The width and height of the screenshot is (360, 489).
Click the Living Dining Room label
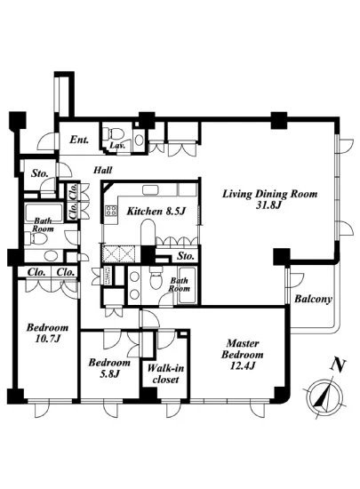(269, 199)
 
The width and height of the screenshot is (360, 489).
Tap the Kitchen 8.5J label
(156, 212)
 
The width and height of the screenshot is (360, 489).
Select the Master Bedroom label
(242, 354)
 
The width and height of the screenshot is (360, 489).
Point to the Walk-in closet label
(165, 373)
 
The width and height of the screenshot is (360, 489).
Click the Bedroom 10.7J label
(47, 333)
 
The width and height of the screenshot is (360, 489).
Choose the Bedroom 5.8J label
(109, 368)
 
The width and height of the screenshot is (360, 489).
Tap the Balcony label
(313, 299)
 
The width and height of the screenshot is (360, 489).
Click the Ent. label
(79, 140)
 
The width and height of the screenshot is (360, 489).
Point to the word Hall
(103, 170)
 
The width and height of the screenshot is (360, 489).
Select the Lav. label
(117, 145)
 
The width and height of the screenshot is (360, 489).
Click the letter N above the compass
(339, 365)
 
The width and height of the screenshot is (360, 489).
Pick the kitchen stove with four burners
(111, 211)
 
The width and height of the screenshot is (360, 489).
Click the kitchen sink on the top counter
(151, 189)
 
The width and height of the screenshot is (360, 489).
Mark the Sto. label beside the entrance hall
(40, 173)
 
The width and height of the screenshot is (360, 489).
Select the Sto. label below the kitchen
(186, 256)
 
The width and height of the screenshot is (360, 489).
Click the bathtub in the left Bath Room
(44, 212)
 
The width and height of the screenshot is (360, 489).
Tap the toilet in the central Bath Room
(155, 279)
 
